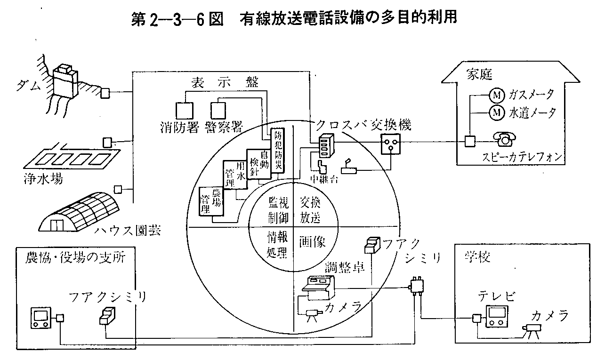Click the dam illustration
pos(65,81)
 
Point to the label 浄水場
pos(42,178)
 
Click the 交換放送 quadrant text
pos(310,210)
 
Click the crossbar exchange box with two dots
pos(390,143)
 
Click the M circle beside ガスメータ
pos(496,96)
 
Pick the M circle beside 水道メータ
pos(496,113)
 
